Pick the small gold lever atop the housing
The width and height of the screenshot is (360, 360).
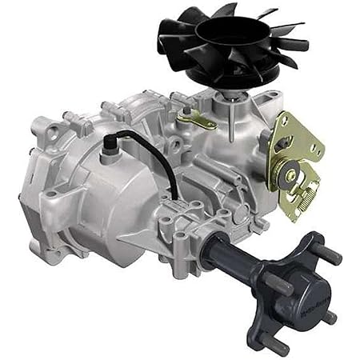[x=195, y=119]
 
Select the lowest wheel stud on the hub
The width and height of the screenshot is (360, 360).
[x=278, y=346]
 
